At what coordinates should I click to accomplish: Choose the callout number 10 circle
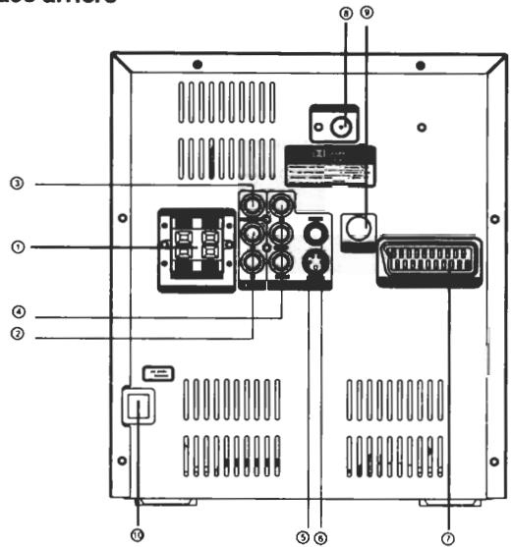[135, 533]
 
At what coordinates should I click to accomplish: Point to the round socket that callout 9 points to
[357, 229]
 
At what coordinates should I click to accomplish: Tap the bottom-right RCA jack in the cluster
[282, 262]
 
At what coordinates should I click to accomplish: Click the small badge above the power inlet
[158, 373]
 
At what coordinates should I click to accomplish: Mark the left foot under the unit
[177, 502]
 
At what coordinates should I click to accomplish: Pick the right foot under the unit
[438, 502]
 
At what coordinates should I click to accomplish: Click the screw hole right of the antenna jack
[421, 127]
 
